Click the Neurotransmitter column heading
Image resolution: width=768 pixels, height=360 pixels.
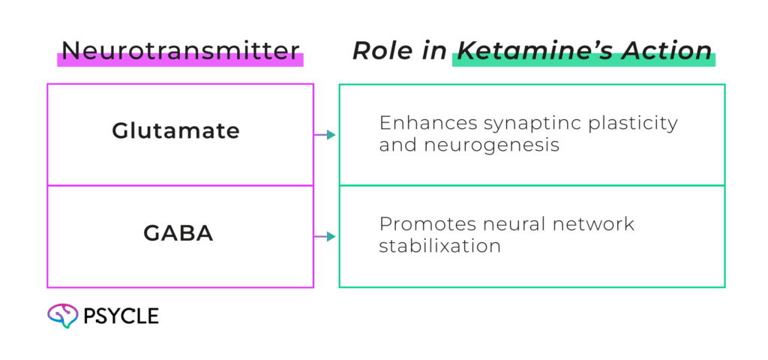point(180,51)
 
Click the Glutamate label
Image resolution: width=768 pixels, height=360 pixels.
point(175,131)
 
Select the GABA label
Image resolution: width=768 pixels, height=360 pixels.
point(178,233)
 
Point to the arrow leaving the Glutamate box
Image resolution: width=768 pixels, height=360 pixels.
point(325,135)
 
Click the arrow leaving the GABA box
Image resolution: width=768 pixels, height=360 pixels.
point(325,237)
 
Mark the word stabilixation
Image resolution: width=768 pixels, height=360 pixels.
point(439,245)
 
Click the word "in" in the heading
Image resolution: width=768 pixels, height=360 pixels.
point(433,51)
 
